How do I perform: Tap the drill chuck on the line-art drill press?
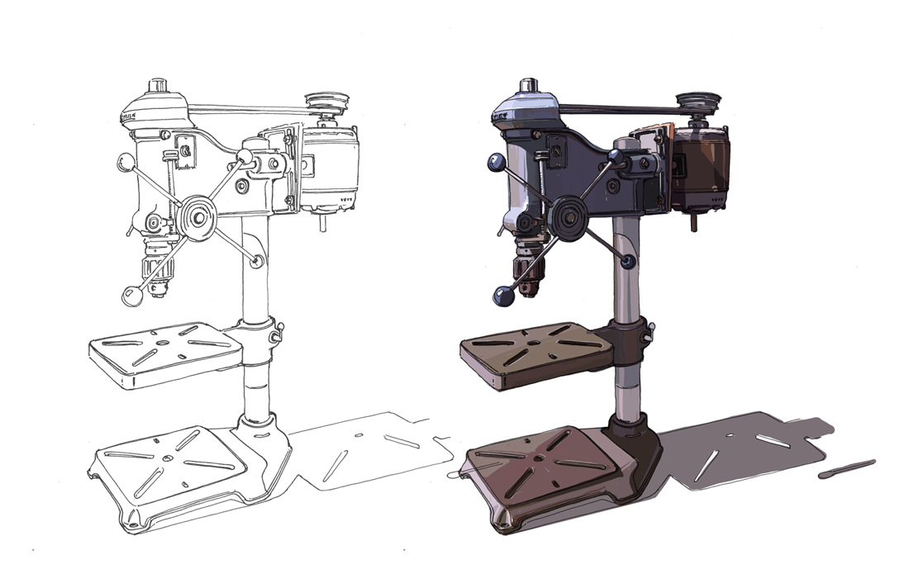[x=157, y=269]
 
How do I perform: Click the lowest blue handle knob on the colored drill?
[x=502, y=296]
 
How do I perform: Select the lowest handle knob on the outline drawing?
[x=131, y=296]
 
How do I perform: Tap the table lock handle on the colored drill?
[x=650, y=331]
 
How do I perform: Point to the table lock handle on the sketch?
[x=279, y=332]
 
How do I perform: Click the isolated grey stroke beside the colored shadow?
[x=846, y=469]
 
